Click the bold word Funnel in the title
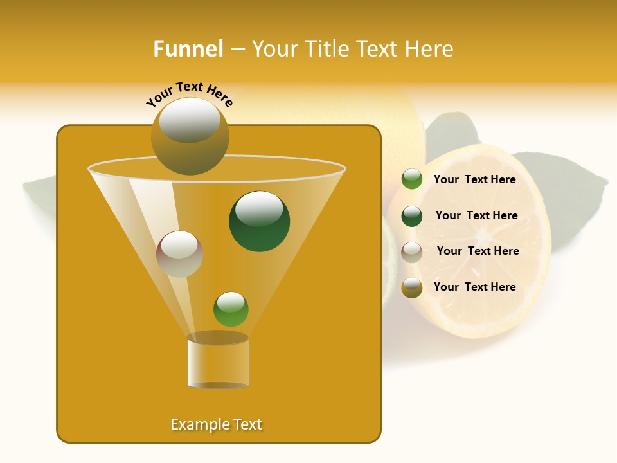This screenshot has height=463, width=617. tap(188, 48)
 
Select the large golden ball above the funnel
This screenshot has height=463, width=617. tap(190, 137)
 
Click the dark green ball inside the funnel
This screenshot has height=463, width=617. tap(259, 221)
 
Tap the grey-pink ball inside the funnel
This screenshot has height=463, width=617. tap(179, 254)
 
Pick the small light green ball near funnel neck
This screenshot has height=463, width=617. tap(231, 309)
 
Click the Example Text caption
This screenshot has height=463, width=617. tap(216, 424)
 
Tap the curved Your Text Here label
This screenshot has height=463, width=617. tap(189, 93)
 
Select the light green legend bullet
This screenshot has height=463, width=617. tap(412, 179)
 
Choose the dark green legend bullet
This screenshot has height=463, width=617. tap(412, 216)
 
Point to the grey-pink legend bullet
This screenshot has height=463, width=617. tap(412, 251)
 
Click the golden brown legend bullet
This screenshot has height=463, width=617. tap(412, 287)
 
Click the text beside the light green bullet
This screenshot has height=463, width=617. tap(474, 179)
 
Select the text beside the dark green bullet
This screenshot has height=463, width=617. tap(476, 215)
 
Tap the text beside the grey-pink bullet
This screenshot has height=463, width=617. tap(478, 251)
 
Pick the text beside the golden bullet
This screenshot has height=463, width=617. tap(474, 287)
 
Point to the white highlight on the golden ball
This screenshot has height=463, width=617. tap(190, 120)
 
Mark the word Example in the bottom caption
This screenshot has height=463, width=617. tap(193, 424)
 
